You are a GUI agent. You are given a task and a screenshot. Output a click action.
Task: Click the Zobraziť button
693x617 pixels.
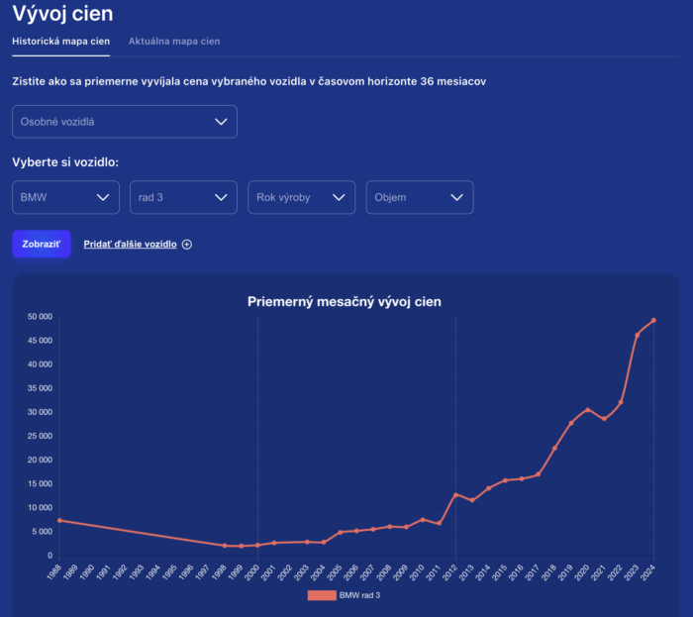[42, 244]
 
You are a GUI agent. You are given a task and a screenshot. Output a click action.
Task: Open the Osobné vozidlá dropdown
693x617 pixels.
[125, 122]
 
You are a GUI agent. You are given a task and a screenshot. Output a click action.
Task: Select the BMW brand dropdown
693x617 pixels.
[66, 197]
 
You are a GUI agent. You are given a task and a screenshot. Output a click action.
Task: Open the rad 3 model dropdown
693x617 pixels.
[183, 197]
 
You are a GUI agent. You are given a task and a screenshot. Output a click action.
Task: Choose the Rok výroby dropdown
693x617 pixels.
[301, 197]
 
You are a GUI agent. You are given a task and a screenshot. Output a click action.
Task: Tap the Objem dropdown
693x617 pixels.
[420, 197]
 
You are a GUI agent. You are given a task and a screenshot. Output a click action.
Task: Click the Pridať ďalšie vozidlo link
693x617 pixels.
[130, 244]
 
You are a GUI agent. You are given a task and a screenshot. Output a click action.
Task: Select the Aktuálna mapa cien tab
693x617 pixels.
[174, 42]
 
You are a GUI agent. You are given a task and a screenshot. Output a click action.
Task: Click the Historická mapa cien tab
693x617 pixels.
[61, 42]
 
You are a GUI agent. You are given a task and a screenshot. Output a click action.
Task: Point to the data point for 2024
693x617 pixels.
[653, 321]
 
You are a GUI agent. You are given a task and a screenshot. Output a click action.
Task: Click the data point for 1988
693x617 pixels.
[59, 520]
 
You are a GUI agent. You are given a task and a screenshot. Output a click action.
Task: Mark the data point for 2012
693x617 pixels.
[455, 495]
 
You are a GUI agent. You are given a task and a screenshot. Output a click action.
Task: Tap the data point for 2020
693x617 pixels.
[588, 410]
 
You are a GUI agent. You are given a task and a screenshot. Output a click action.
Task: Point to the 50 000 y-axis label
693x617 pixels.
[40, 317]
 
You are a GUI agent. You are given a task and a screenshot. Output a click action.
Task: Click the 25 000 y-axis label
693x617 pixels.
[40, 436]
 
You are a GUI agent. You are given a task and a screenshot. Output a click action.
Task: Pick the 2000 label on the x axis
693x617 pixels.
[252, 571]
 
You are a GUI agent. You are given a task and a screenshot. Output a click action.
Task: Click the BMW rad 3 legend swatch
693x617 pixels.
[322, 595]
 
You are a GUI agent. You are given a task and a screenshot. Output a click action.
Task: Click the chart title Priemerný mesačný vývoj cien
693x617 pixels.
[345, 301]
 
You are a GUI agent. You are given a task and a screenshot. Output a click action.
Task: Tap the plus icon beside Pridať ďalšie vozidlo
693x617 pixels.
[187, 245]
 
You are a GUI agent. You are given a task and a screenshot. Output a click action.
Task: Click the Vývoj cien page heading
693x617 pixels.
[62, 13]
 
